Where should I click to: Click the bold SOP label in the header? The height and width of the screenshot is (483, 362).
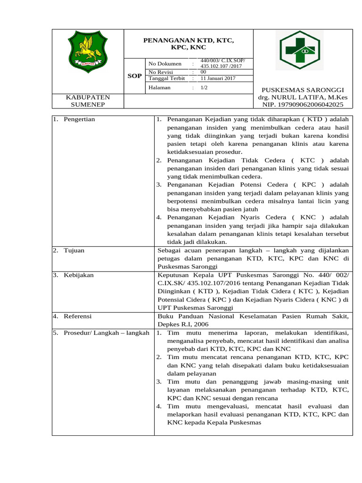click(x=135, y=75)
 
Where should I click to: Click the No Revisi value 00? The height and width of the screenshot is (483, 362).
click(x=203, y=72)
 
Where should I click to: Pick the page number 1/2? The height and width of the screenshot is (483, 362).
click(x=204, y=88)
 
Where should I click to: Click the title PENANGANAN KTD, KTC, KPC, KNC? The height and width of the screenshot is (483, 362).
click(x=189, y=44)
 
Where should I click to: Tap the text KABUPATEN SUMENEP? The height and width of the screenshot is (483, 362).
click(x=87, y=101)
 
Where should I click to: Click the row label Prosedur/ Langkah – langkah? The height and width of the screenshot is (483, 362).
click(x=103, y=333)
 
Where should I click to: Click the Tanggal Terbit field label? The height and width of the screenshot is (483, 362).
click(x=167, y=79)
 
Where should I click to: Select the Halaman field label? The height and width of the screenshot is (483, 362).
click(x=159, y=88)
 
